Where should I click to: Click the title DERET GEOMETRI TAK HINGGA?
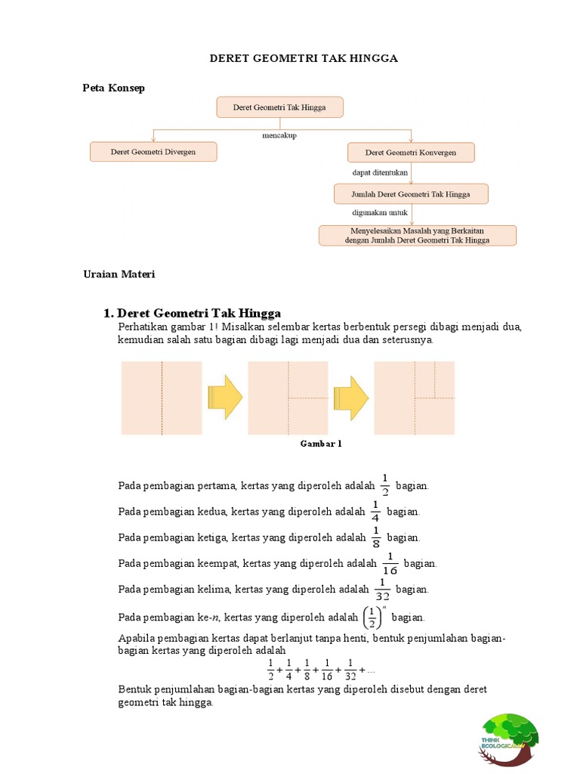coord(303,58)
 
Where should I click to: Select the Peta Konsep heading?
coord(113,88)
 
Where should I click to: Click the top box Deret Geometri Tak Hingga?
coord(279,107)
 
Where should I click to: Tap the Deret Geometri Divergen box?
coord(153,152)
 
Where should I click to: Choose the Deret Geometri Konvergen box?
coord(411,153)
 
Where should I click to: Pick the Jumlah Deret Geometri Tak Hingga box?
coord(411,194)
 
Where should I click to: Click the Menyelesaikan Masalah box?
coord(417,235)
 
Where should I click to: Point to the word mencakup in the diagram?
coord(279,136)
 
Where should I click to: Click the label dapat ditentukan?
coord(380,173)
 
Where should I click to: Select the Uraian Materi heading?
coord(119,274)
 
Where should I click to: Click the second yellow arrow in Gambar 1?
coord(351,397)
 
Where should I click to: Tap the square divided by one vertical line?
coord(162,398)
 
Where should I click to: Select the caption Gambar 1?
coord(321,444)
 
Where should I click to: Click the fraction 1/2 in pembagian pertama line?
coord(384,485)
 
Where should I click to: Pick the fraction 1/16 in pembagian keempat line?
coord(390,563)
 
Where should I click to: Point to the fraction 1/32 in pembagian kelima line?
coord(382,589)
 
